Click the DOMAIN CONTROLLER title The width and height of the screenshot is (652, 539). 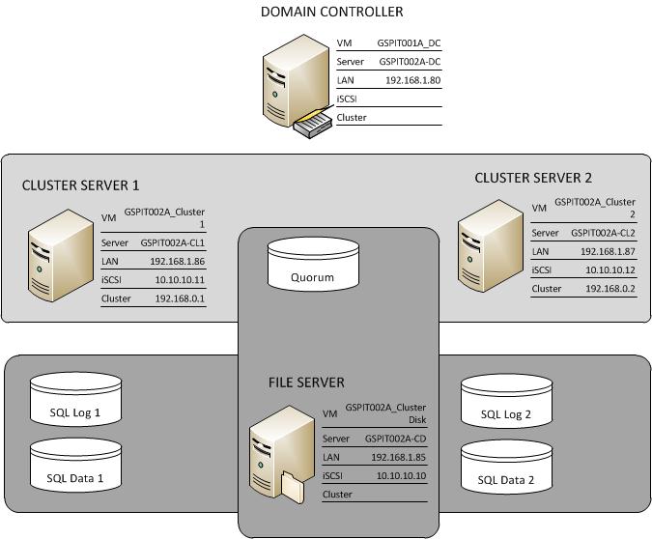(x=332, y=13)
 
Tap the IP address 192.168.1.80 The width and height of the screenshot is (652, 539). (x=412, y=80)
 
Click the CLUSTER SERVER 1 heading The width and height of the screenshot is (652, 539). (x=81, y=184)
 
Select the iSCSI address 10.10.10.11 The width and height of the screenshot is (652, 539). (x=180, y=280)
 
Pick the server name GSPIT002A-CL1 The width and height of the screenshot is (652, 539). (x=173, y=243)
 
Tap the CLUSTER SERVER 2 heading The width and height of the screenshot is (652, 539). (x=533, y=178)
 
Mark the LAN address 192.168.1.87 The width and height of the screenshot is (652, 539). (x=609, y=251)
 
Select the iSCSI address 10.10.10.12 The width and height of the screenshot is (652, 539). (x=610, y=269)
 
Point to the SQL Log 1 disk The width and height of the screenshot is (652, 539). (x=75, y=402)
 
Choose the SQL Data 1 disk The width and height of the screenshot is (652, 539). (x=75, y=467)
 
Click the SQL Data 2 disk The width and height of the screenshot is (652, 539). (x=506, y=468)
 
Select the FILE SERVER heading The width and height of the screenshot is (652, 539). (x=306, y=383)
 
